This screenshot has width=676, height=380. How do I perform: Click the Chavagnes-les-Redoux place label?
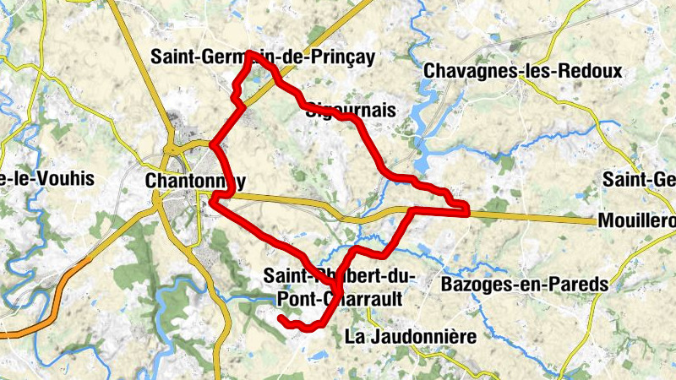[x=523, y=72]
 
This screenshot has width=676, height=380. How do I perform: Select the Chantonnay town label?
[x=195, y=181]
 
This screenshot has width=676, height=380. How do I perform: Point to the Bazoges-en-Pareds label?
[x=524, y=285]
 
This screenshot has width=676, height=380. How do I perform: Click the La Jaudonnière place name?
[x=411, y=336]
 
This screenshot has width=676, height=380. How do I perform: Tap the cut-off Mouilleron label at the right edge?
[x=635, y=221]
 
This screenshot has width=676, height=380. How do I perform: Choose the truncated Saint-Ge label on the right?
[x=638, y=179]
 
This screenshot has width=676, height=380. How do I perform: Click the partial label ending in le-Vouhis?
[x=46, y=179]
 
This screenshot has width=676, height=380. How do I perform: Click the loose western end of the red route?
[x=281, y=318]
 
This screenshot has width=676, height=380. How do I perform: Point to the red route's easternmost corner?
[x=466, y=209]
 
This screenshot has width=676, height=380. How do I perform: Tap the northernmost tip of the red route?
[x=251, y=54]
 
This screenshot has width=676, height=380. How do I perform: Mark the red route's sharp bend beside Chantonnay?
[x=213, y=200]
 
